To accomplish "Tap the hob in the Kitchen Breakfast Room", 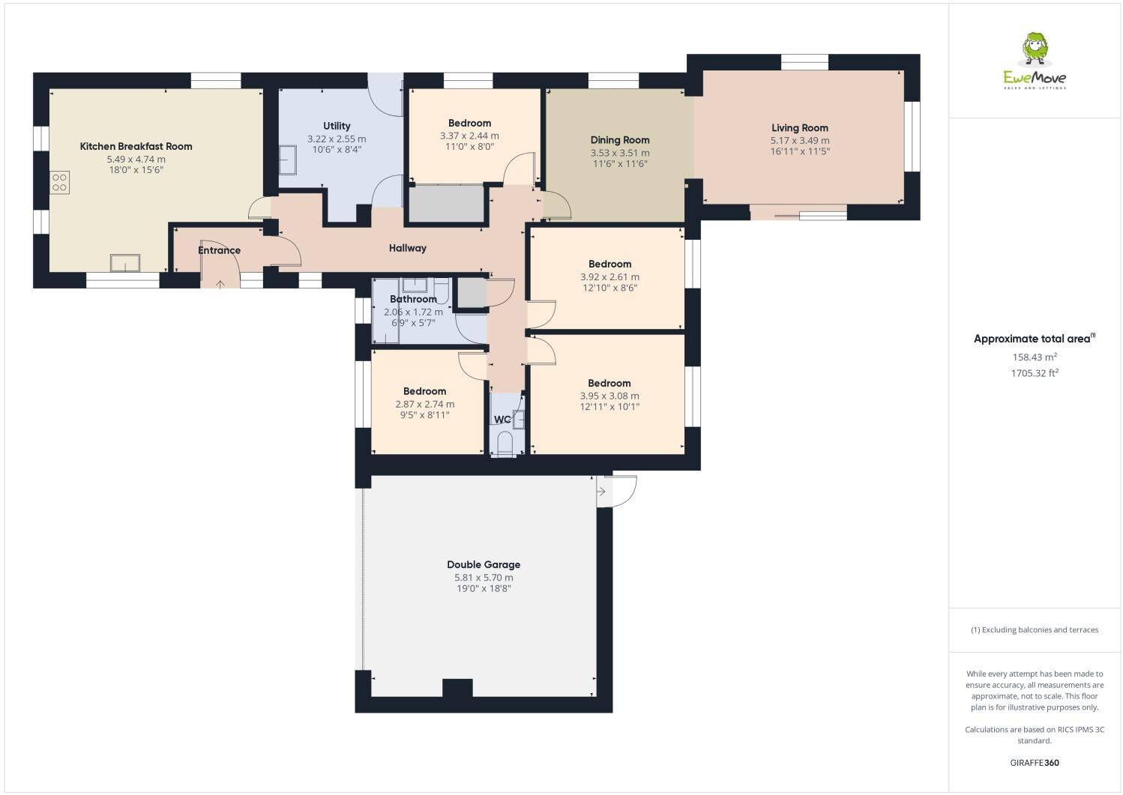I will point(59,182).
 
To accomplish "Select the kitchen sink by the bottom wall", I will point(124,263).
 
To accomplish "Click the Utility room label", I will point(337,126).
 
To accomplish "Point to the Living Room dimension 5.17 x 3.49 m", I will point(800,140).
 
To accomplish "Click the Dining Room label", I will point(620,140).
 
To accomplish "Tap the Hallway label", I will point(407,248).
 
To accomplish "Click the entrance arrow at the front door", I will point(220,284).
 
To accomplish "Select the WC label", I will point(502,419).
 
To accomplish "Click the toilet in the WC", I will point(505,442).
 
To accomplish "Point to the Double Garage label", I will point(484,565).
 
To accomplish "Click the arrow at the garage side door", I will point(601,492).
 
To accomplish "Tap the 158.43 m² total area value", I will point(1035,357).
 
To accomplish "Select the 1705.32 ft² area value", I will point(1035,372).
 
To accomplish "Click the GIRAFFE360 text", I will point(1035,763).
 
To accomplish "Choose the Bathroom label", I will point(413,299).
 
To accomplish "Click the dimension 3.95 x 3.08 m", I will point(609,396).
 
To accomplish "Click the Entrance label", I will point(219,250).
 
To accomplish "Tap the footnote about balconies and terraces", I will point(1035,629).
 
